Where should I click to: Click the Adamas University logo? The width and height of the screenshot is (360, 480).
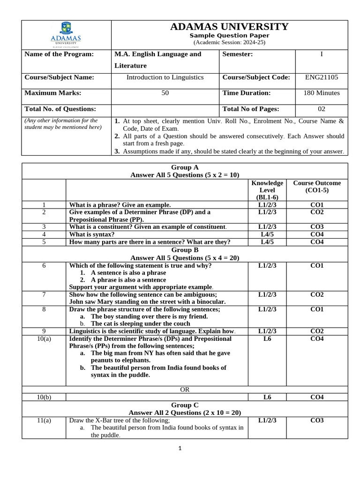coord(66,34)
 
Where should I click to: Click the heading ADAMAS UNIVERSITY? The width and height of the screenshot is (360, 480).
coord(229,27)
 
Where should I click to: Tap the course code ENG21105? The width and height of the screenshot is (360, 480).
coord(321,77)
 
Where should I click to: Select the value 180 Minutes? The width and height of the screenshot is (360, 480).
coord(321,93)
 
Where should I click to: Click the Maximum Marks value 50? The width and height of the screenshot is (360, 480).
coord(165,93)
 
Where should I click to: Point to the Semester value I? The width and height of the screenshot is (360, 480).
coord(321,54)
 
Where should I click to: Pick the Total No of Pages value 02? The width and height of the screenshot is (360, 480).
coord(321,109)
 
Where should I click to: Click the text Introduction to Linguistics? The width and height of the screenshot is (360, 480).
coord(165,77)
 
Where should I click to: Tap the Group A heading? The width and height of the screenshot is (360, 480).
coord(185,167)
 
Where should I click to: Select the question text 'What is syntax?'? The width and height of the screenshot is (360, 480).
coord(92,234)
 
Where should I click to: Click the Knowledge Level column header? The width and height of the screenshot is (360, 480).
coord(267,190)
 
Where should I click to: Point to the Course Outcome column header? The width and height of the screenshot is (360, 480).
coord(317,187)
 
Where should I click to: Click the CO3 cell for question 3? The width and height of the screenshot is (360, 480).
coord(317,227)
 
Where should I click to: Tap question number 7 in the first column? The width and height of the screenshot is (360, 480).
coord(44,294)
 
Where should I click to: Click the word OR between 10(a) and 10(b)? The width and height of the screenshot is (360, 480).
coord(185,390)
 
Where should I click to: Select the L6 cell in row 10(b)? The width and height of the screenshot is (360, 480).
coord(267,397)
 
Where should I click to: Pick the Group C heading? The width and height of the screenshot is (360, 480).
coord(185,405)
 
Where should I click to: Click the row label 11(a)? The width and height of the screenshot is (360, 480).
coord(44,420)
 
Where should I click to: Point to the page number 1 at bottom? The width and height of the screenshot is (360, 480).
coord(180,448)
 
